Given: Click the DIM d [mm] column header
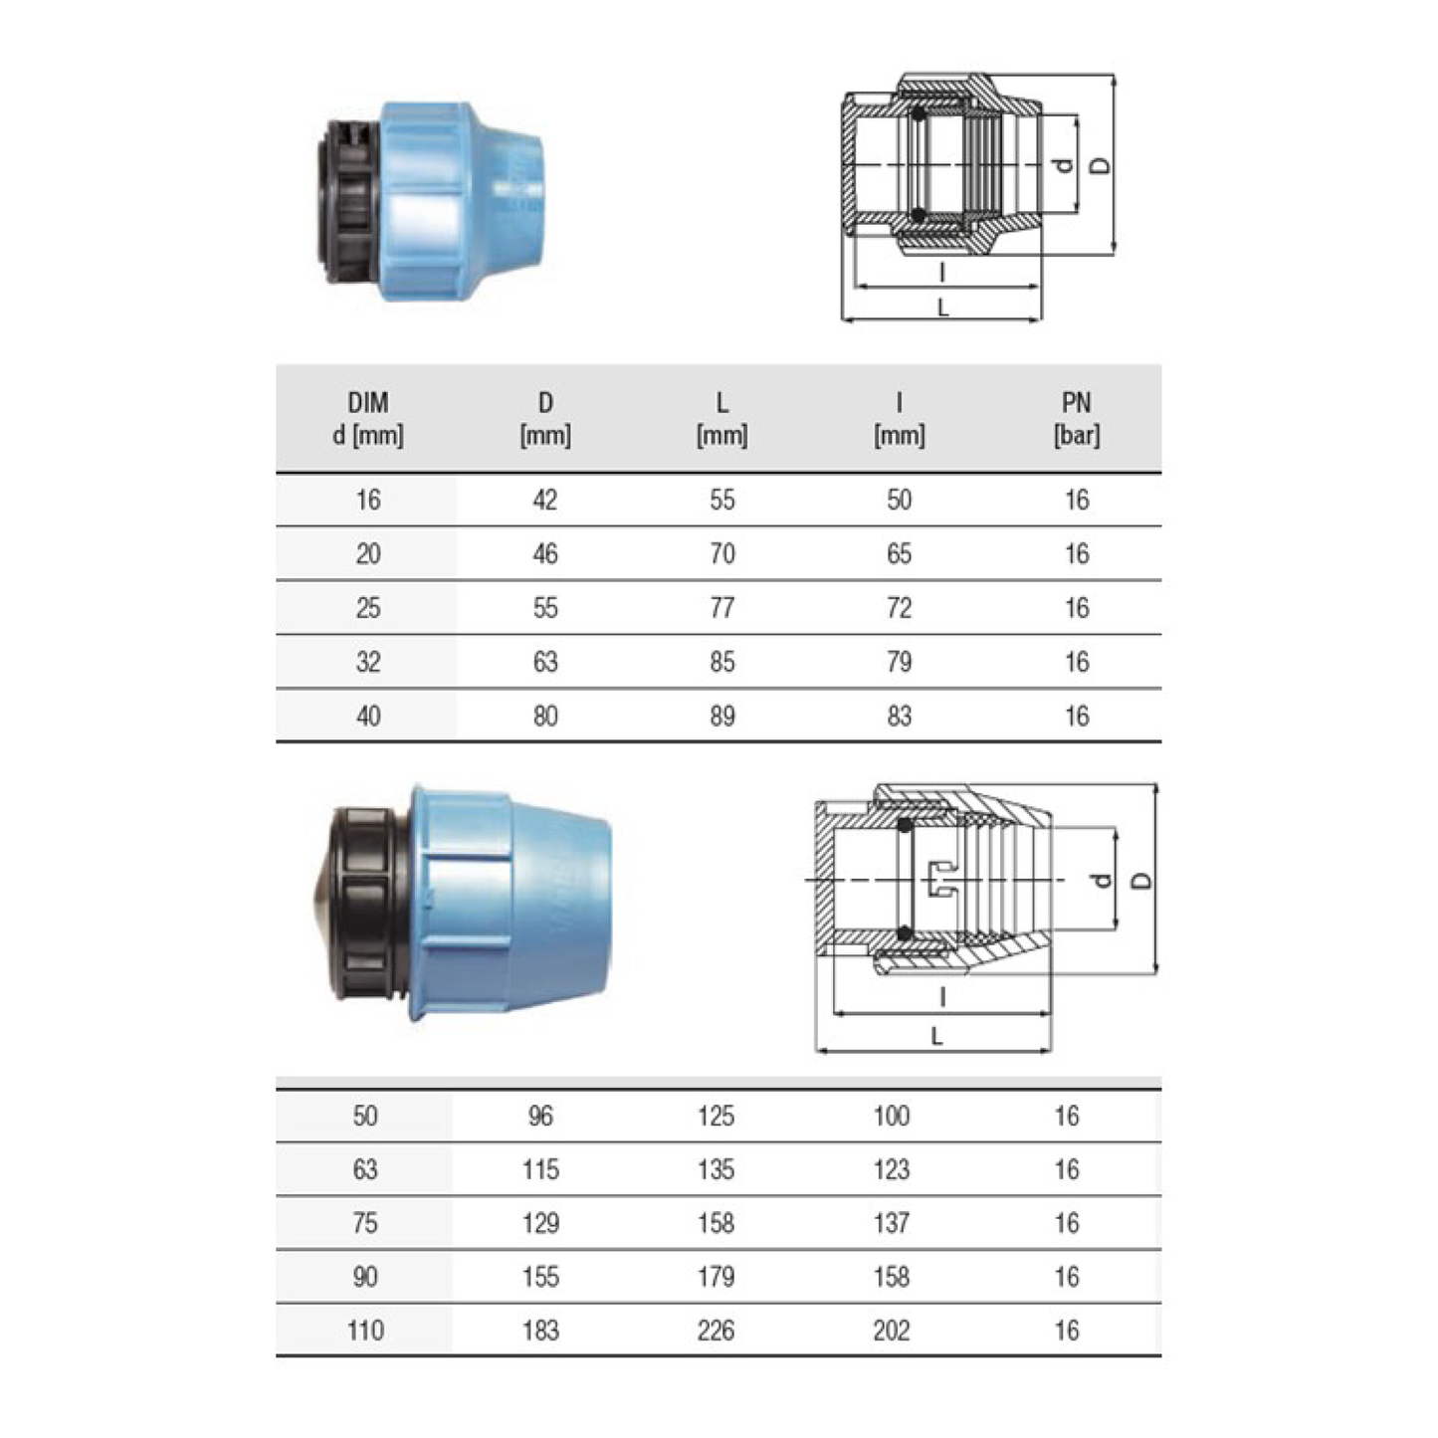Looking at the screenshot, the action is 368,419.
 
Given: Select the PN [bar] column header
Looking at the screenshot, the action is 1076,419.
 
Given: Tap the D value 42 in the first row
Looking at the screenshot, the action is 544,500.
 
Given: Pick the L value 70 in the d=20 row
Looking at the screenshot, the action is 721,553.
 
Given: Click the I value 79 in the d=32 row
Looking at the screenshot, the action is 899,662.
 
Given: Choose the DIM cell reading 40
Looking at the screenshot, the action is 368,717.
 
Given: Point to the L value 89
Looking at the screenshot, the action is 721,717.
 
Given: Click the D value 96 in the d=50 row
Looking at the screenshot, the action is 540,1116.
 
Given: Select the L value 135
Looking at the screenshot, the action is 716,1169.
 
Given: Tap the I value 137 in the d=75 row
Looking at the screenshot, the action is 891,1223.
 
